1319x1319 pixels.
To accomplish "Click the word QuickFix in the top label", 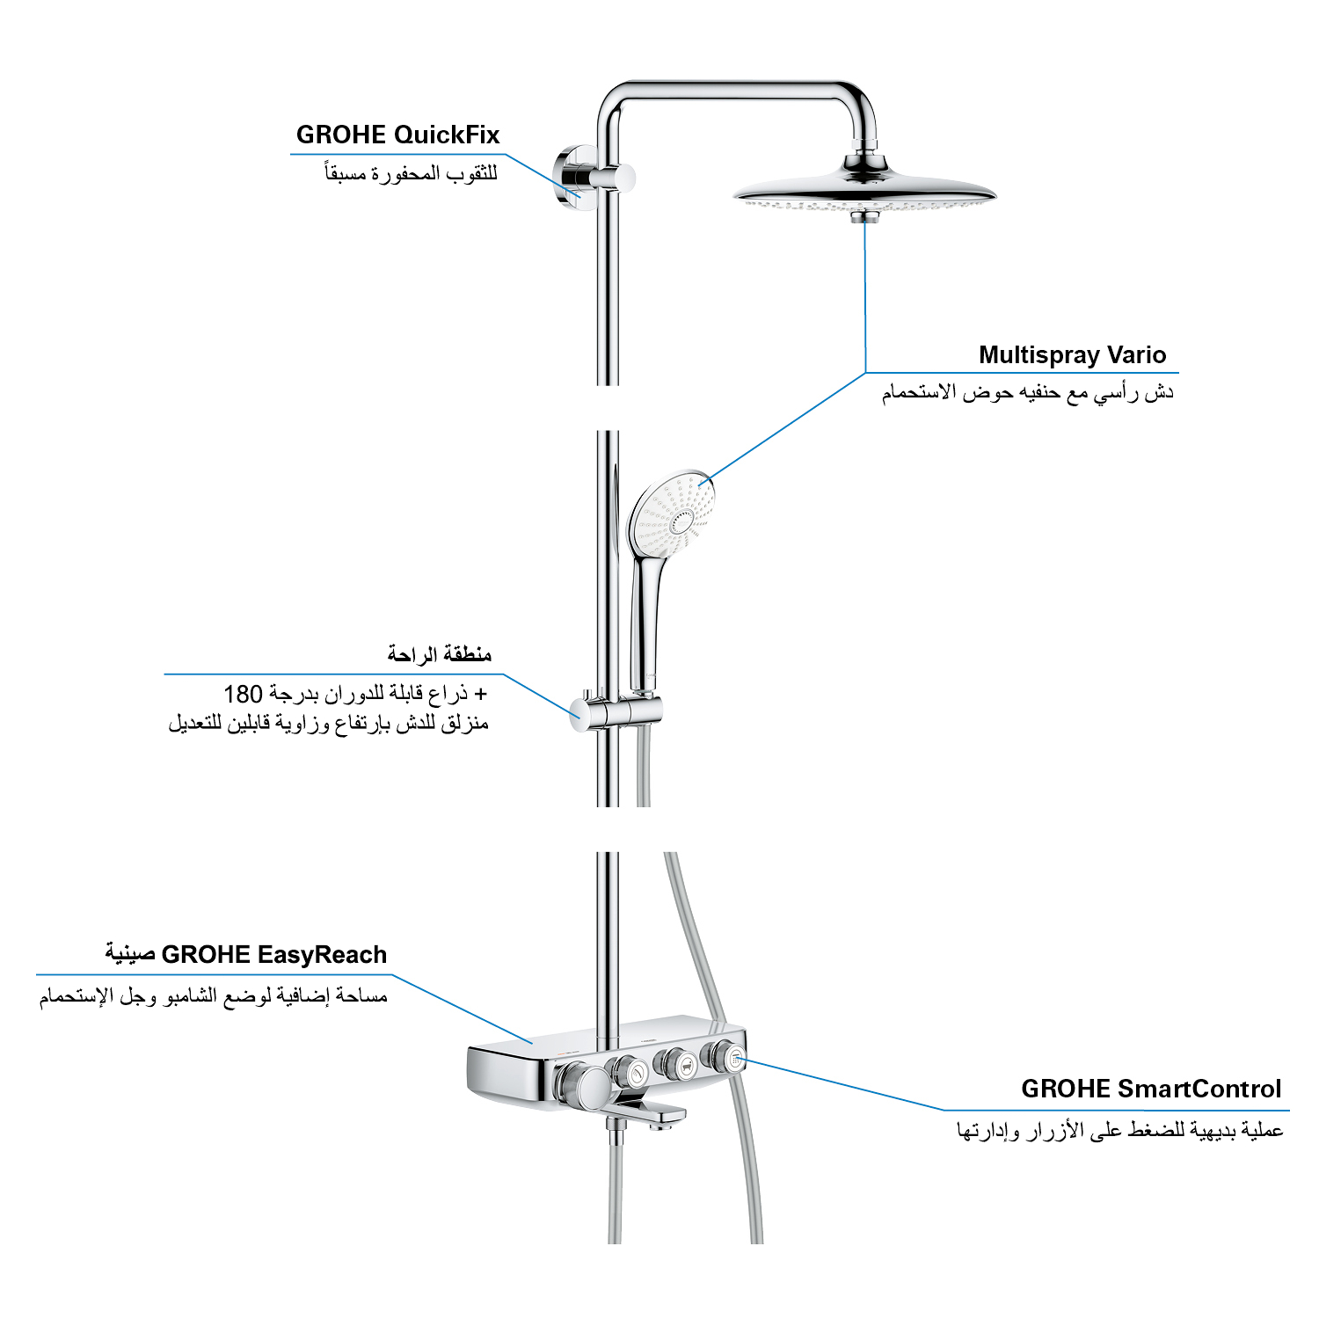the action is [x=447, y=135].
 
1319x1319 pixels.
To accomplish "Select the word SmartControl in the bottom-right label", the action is [x=1199, y=1089].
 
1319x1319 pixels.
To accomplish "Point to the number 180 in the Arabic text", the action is [x=244, y=694].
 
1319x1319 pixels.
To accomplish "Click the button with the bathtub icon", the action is [x=681, y=1066].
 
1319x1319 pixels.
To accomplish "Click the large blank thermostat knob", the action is [x=584, y=1087].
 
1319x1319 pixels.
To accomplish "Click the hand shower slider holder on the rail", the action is [x=616, y=711].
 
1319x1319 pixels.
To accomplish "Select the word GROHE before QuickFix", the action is [x=341, y=135].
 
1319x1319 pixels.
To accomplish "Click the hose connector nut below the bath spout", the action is [x=616, y=1135].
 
